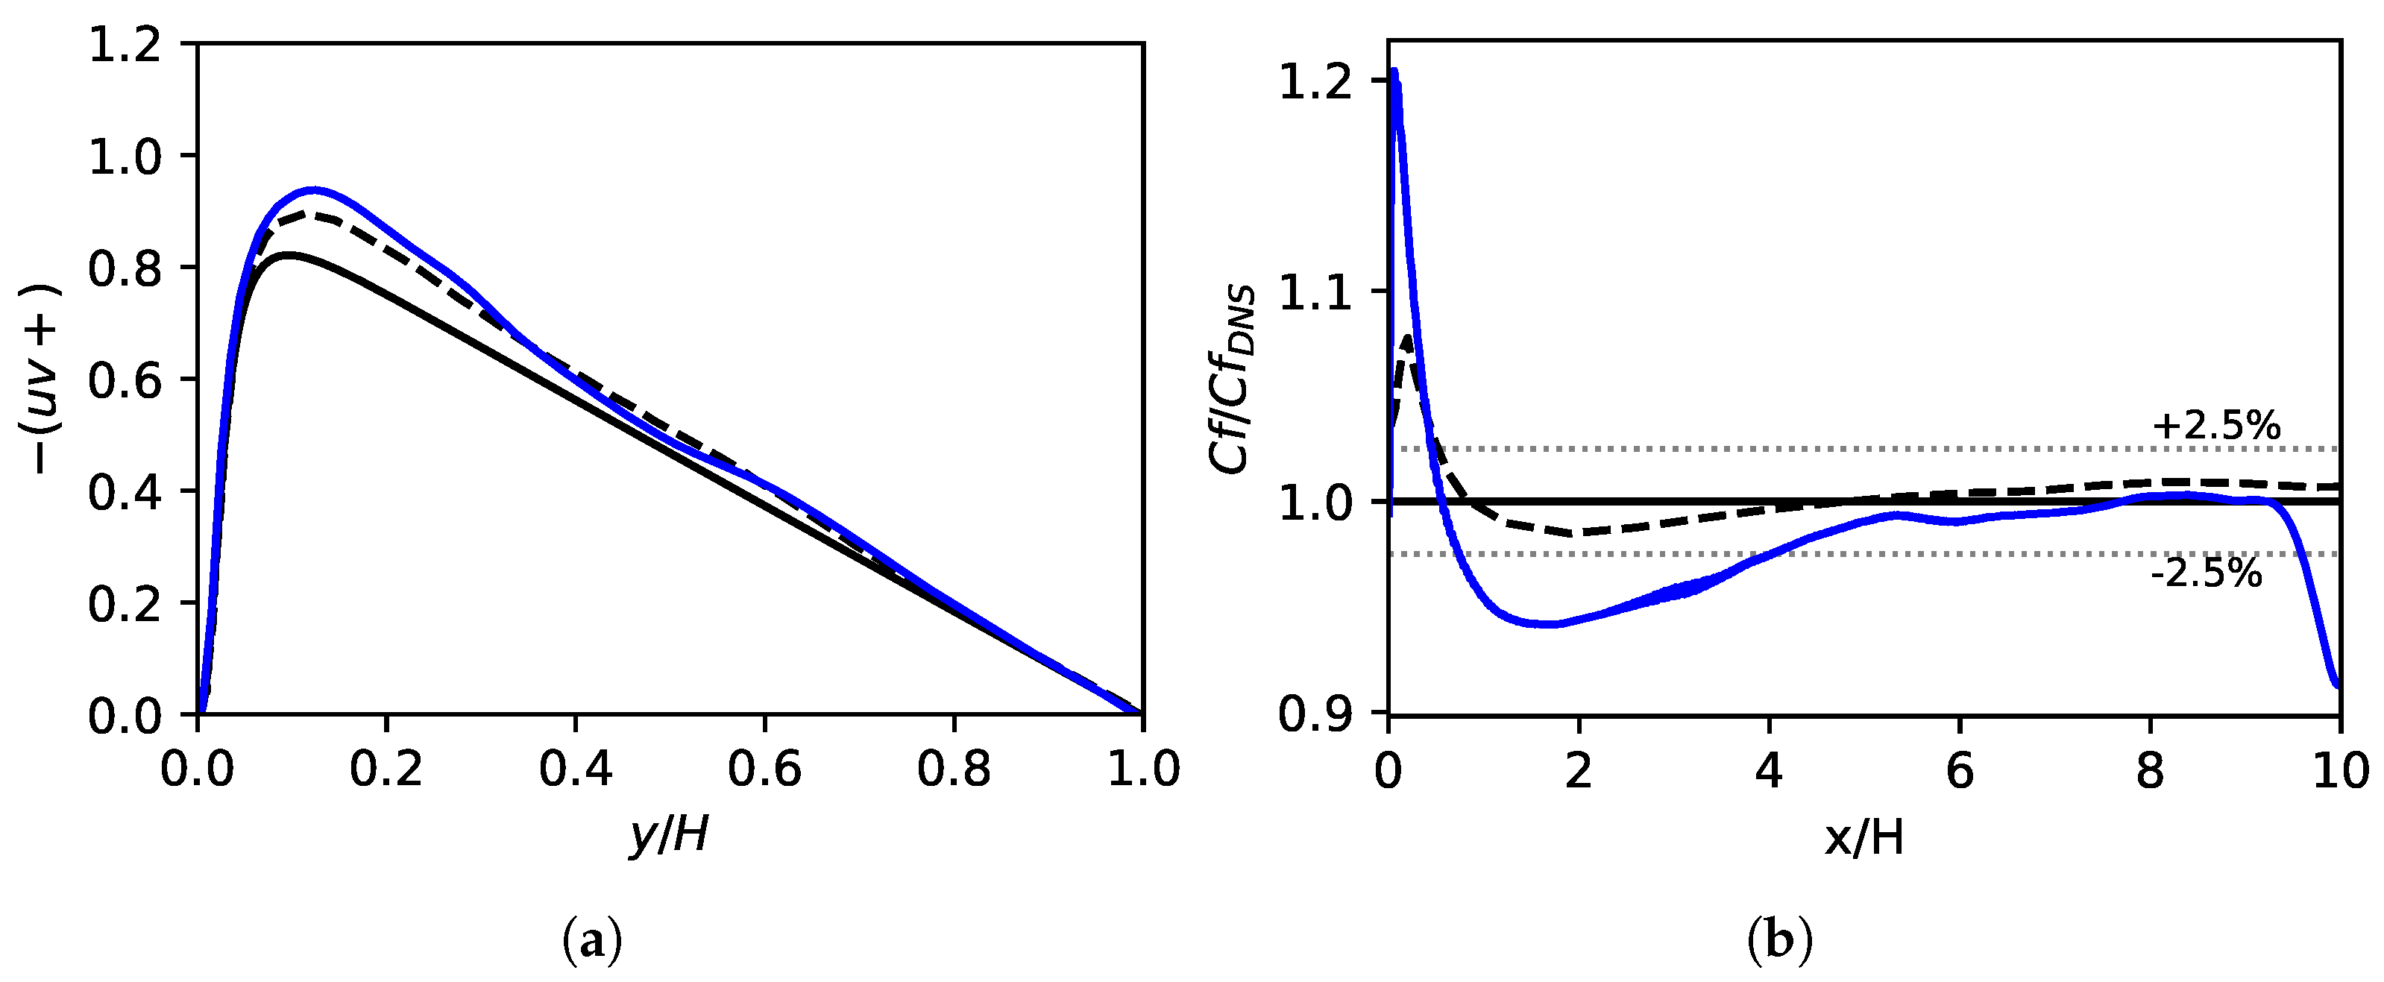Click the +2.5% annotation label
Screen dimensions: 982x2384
click(2215, 426)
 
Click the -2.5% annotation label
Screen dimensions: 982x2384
click(2207, 575)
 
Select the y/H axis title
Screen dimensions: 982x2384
click(669, 835)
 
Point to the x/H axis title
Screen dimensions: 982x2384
click(1864, 837)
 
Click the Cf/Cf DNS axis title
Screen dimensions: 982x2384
click(1233, 380)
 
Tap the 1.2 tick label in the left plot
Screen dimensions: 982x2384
click(125, 45)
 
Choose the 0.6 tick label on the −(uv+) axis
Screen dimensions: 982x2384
click(125, 380)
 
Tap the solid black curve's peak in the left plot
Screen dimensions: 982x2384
click(289, 254)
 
